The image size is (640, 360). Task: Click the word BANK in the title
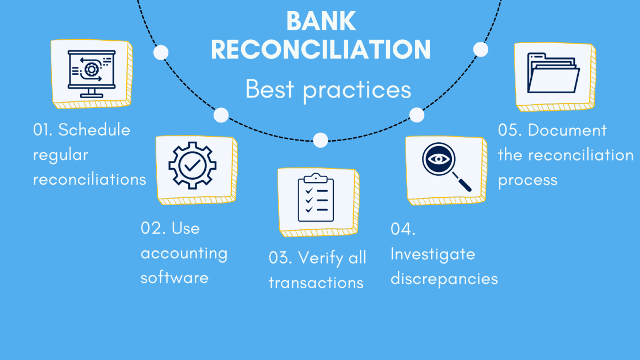coord(321,22)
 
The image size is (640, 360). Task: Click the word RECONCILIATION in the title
coord(321,50)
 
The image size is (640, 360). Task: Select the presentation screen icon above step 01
coord(90,74)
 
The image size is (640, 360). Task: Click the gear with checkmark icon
coord(192,165)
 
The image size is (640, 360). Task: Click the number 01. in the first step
coord(42,130)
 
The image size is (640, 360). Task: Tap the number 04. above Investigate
coord(403,229)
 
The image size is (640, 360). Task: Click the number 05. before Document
coord(510,130)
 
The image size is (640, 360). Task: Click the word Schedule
coord(94,130)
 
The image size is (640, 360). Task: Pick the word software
coord(174,277)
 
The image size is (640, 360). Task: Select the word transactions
coord(316,282)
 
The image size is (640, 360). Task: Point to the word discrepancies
coord(444,278)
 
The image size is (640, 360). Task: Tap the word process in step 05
coord(527,180)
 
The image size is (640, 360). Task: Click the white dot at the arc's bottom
coord(321,139)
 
